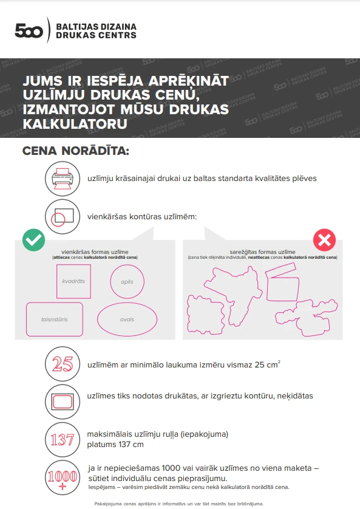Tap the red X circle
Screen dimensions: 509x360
[324, 240]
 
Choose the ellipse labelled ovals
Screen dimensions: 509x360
[127, 319]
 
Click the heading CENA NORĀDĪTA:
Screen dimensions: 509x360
[75, 151]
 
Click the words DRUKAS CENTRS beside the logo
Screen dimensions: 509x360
[95, 36]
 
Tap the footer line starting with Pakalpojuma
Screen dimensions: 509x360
[179, 503]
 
